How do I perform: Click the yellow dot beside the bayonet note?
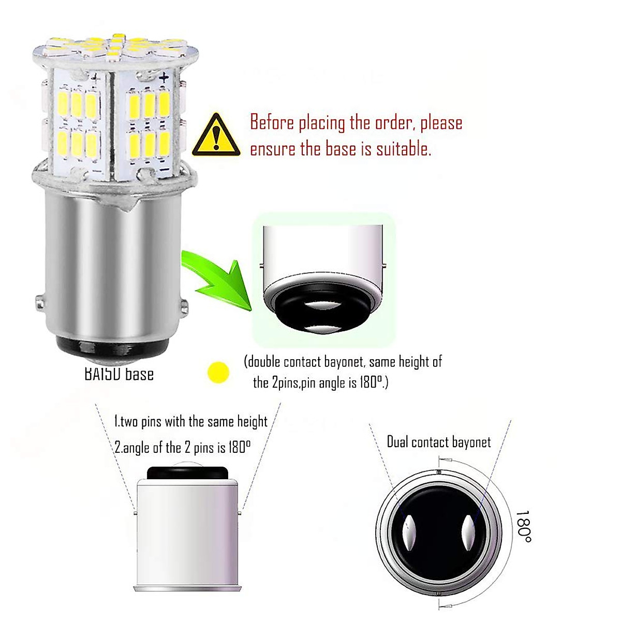(218, 371)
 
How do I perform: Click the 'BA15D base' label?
(119, 374)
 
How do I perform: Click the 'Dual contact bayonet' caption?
(439, 442)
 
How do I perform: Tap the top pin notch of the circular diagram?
(439, 471)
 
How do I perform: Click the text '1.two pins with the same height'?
(190, 421)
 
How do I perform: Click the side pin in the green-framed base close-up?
(384, 267)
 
